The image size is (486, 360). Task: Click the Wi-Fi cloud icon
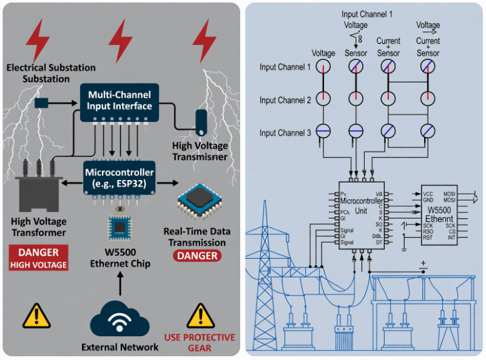119,319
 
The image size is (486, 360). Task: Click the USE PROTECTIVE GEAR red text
200,342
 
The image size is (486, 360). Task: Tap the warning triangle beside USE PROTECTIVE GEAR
200,316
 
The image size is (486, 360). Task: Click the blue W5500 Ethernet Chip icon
119,227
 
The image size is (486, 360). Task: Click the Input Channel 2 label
285,101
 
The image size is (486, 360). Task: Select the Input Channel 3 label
285,133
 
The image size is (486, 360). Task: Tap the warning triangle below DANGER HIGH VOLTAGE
36,316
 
